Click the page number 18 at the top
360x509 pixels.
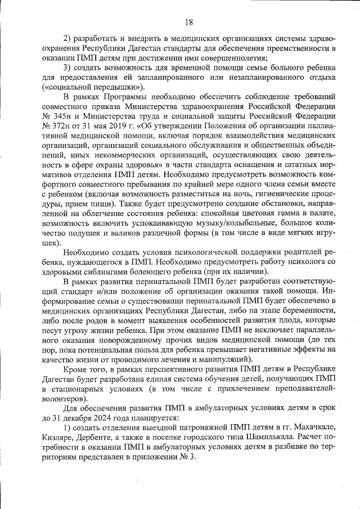coord(188,22)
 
